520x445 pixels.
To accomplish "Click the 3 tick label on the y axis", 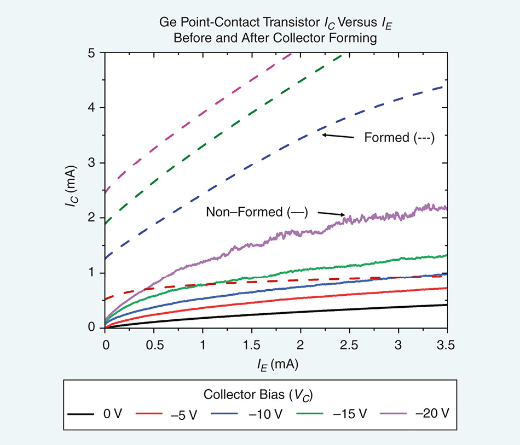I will pyautogui.click(x=92, y=163).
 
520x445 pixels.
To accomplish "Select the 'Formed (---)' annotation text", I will pyautogui.click(x=399, y=138).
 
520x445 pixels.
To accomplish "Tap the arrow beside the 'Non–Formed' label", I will pyautogui.click(x=332, y=214).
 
